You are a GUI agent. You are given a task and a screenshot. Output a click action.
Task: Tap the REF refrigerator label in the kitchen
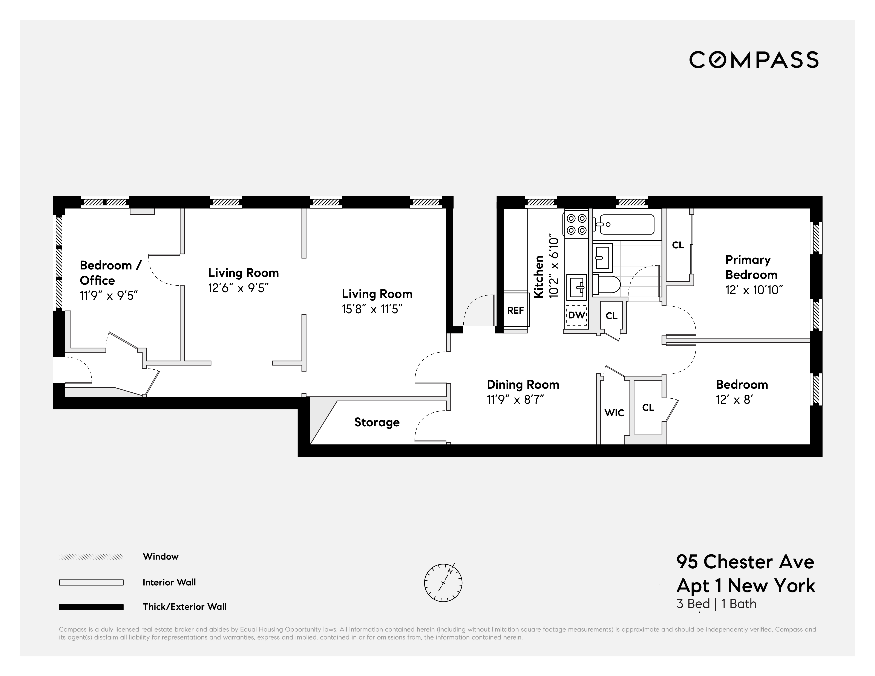tap(516, 310)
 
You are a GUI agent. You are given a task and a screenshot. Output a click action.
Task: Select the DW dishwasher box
tap(576, 315)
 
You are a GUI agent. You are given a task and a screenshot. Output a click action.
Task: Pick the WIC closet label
tap(614, 413)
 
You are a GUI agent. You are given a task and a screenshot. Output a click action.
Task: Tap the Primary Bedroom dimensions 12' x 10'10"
tap(754, 290)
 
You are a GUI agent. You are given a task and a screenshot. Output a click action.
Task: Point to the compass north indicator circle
tap(443, 583)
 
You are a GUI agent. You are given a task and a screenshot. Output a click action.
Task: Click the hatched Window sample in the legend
tap(91, 557)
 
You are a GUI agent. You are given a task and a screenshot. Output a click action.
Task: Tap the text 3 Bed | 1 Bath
tap(716, 604)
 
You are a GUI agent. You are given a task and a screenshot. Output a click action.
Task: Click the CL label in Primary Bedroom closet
tap(678, 245)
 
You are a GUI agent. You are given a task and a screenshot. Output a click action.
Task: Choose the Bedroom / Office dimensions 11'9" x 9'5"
tap(109, 295)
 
